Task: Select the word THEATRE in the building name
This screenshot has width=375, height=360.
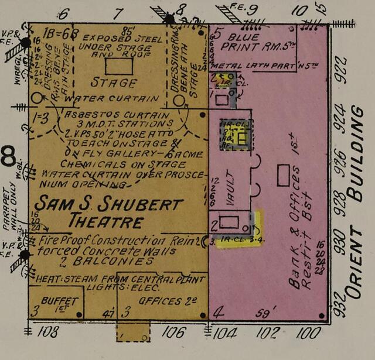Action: point(105,222)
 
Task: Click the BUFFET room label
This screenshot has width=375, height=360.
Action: point(59,300)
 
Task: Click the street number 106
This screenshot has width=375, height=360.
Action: point(173,332)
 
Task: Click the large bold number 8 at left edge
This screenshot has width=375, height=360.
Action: point(9,157)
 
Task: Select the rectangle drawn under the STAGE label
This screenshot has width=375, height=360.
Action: point(119,66)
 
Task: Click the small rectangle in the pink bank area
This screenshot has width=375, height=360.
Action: point(284,175)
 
